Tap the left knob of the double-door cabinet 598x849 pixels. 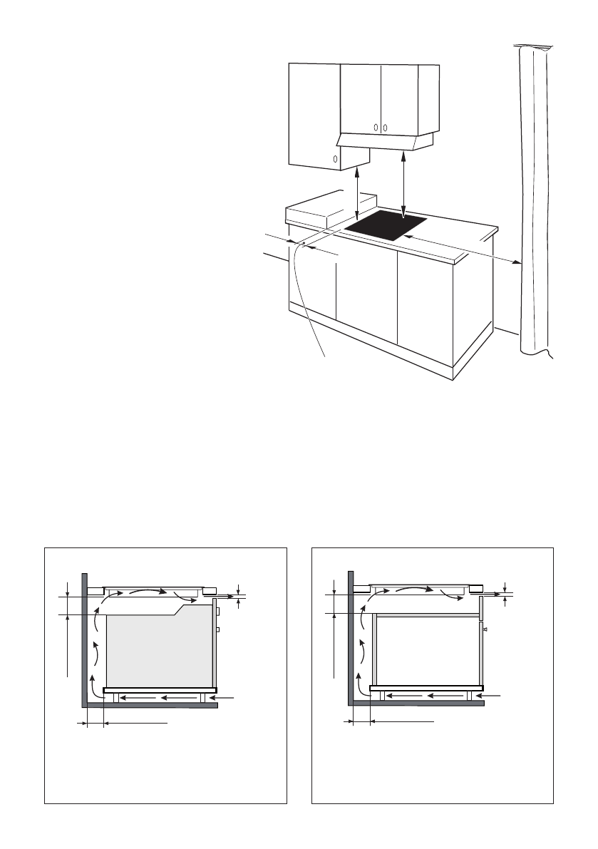click(376, 128)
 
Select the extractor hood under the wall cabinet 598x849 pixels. click(386, 142)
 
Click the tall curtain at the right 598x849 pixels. click(535, 200)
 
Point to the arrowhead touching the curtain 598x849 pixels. click(517, 264)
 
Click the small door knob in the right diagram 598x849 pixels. click(485, 629)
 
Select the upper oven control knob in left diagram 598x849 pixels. click(217, 611)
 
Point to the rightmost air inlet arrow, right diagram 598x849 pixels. click(492, 694)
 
